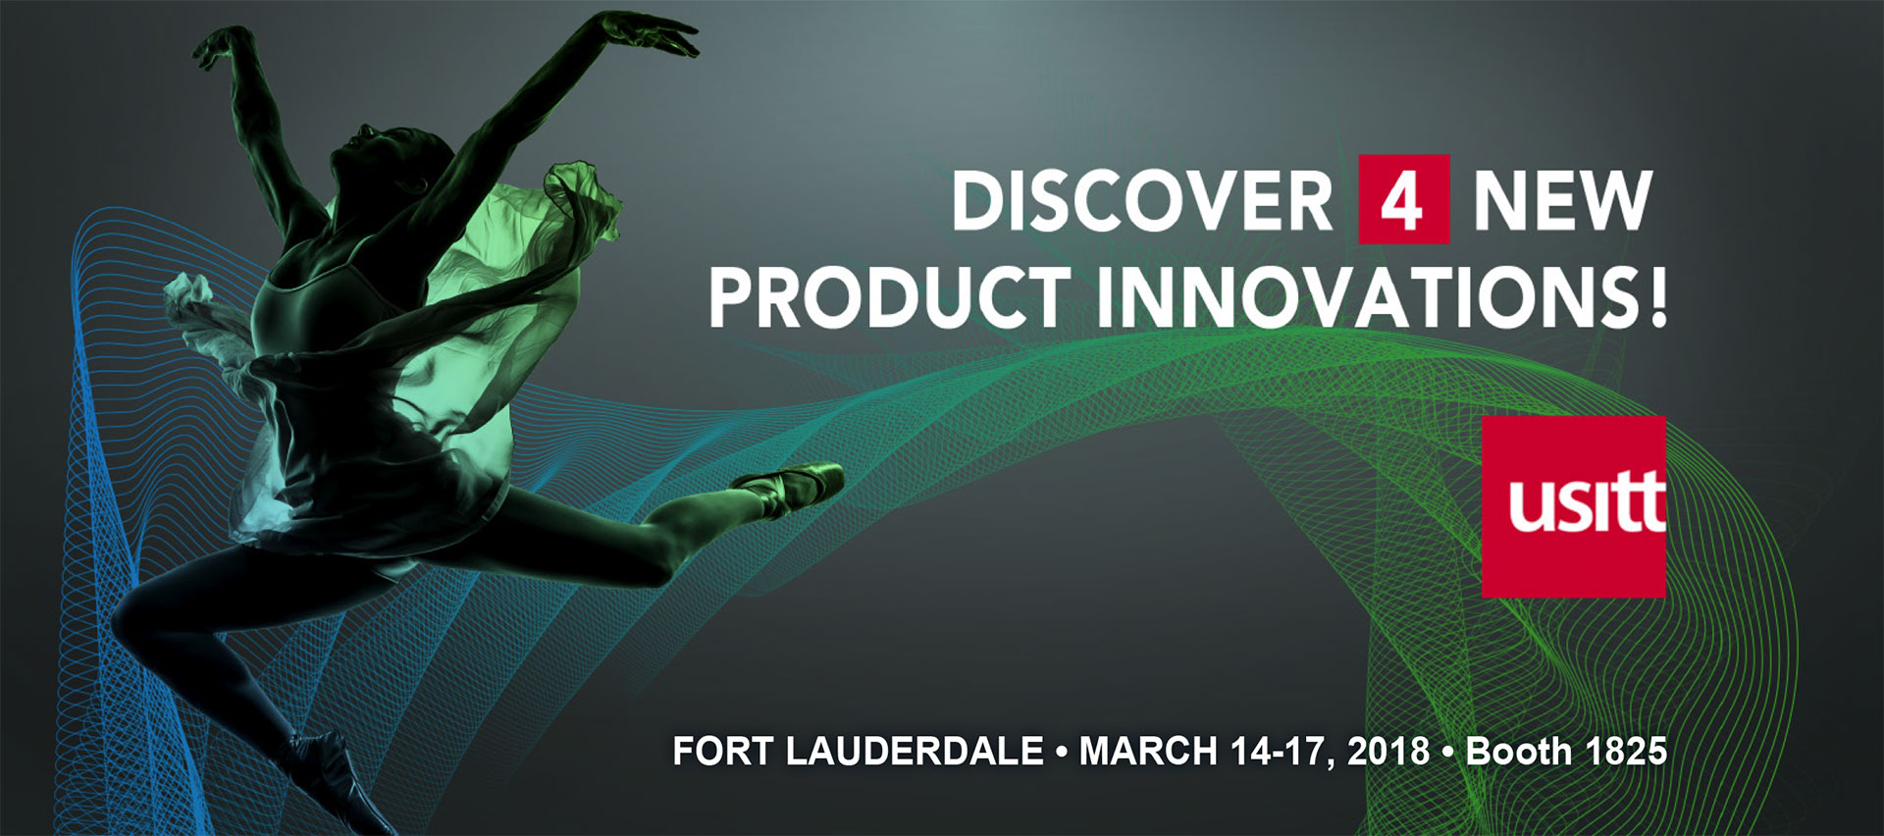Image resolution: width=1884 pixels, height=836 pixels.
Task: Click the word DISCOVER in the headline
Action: [x=1142, y=201]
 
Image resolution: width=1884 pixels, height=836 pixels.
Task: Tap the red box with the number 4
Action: [x=1403, y=199]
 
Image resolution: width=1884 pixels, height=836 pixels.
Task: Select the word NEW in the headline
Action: [x=1563, y=201]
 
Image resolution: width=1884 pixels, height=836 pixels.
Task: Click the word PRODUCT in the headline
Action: [x=889, y=296]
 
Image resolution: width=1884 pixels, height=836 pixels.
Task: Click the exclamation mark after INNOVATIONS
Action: [x=1658, y=296]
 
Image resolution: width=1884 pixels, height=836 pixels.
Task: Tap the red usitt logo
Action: [x=1573, y=506]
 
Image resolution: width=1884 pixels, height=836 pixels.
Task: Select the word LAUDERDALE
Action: [x=915, y=752]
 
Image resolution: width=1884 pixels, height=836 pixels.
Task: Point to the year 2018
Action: [x=1388, y=752]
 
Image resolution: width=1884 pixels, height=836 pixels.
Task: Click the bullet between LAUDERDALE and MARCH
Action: [x=1062, y=753]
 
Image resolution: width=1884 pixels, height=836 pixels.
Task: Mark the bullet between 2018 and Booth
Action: [x=1448, y=753]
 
